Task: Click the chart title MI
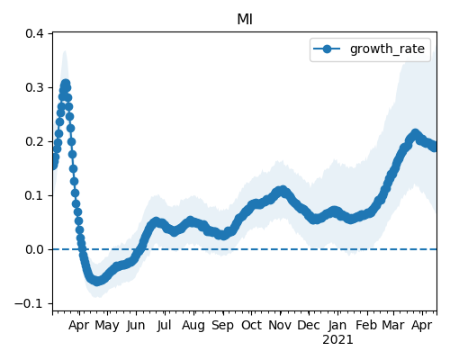(x=245, y=20)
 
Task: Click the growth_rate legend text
(x=387, y=49)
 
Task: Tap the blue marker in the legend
(x=327, y=49)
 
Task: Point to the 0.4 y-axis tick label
(x=34, y=33)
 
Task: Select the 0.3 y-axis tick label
(x=34, y=87)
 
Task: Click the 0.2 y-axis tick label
(x=34, y=141)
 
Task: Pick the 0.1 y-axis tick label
(x=34, y=195)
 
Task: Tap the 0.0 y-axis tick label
(x=34, y=249)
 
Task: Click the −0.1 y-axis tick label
(x=29, y=303)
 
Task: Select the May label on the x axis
(x=107, y=326)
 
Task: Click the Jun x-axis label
(x=136, y=326)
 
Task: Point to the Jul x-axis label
(x=165, y=326)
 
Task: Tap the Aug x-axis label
(x=193, y=326)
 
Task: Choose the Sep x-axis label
(x=222, y=326)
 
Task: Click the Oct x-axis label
(x=251, y=326)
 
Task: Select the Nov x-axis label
(x=280, y=326)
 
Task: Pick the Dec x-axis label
(x=309, y=326)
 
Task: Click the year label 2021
(x=337, y=340)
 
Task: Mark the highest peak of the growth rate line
(x=66, y=84)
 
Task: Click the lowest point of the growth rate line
(x=96, y=282)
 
